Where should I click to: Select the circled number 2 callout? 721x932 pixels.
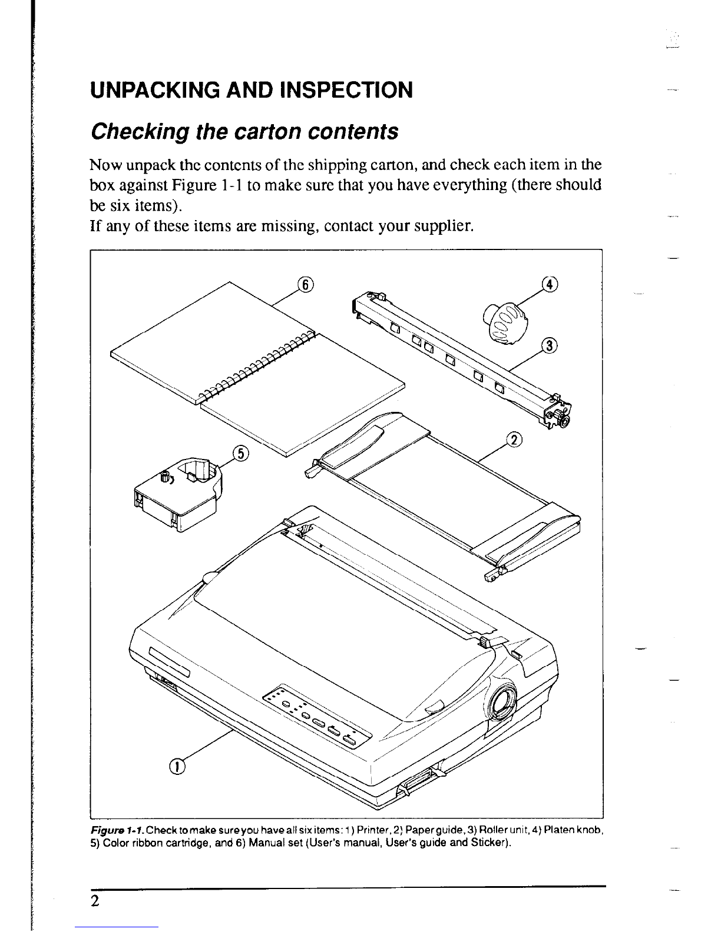point(514,440)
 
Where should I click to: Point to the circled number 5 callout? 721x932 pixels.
point(241,454)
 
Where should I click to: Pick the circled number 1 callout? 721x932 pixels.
point(177,765)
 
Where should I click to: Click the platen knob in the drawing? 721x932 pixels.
point(505,322)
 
